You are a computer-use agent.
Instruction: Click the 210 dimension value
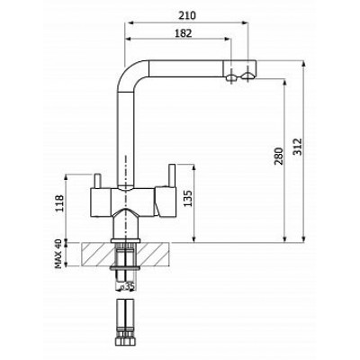[x=187, y=15]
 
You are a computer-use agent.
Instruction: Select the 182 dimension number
[x=183, y=33]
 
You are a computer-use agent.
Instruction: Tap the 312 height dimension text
[x=297, y=147]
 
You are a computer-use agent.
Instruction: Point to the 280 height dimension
[x=279, y=156]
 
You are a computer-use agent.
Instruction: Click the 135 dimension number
[x=188, y=198]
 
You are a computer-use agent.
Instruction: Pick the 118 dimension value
[x=59, y=203]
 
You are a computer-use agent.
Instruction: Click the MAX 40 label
[x=58, y=254]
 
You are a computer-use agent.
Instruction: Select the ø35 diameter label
[x=127, y=286]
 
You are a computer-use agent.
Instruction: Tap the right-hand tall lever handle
[x=173, y=175]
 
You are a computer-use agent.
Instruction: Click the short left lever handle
[x=97, y=182]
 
